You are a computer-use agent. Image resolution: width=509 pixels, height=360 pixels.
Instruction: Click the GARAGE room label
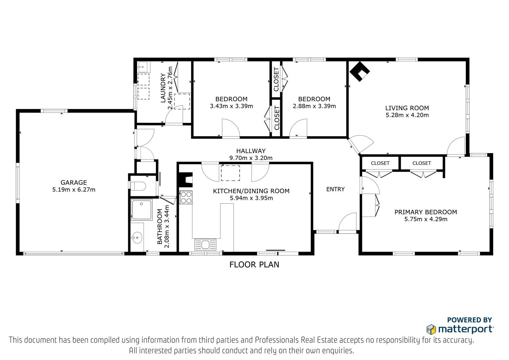pos(73,182)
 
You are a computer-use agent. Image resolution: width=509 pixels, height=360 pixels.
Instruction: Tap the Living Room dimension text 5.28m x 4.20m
pos(407,115)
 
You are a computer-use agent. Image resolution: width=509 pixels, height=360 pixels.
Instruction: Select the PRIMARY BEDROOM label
pos(426,212)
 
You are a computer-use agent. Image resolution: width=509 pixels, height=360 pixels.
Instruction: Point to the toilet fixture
pos(138,186)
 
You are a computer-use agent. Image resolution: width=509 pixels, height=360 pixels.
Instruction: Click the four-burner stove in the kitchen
pos(186,197)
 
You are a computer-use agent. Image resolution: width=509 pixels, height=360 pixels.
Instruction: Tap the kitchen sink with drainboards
pos(205,245)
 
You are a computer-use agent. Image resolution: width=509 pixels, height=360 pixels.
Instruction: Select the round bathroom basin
pos(137,237)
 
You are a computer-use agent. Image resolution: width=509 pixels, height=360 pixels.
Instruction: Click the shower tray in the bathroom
pos(141,210)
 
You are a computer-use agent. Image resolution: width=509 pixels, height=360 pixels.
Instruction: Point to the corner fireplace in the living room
pos(359,71)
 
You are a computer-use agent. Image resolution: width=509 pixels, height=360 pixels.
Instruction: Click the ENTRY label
pos(335,189)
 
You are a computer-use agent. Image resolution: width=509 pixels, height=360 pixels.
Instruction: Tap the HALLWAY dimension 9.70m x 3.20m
pos(251,158)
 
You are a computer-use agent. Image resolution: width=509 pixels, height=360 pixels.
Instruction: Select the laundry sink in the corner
pos(143,67)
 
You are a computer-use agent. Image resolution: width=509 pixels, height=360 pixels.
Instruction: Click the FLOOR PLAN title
pos(254,265)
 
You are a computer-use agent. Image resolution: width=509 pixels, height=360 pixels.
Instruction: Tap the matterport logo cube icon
pos(431,329)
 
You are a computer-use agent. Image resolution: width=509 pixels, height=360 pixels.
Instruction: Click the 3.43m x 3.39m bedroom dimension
pos(231,106)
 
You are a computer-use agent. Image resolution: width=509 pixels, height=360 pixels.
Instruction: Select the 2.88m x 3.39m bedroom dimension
pos(314,106)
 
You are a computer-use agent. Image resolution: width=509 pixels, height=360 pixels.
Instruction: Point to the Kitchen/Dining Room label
pos(251,191)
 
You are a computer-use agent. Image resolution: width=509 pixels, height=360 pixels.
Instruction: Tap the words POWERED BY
pos(470,320)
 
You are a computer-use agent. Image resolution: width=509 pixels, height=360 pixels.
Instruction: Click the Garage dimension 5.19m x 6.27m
pos(74,189)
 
